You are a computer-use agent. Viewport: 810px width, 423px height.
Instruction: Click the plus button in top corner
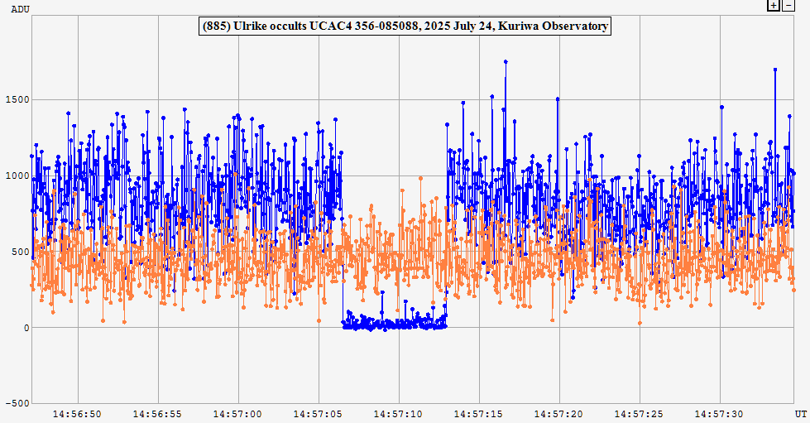click(x=773, y=5)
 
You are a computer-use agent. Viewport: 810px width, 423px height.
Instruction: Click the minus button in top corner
click(x=788, y=5)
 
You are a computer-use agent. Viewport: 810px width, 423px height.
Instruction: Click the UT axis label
click(x=800, y=412)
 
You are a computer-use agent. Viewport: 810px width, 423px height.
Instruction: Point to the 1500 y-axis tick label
click(x=15, y=100)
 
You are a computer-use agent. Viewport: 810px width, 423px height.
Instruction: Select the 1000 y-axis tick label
click(x=15, y=176)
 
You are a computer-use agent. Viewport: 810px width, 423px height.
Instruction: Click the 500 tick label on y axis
click(x=18, y=252)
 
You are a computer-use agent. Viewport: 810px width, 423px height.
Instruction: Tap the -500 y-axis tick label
click(x=15, y=404)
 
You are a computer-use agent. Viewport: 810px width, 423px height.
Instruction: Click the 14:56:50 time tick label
click(x=77, y=413)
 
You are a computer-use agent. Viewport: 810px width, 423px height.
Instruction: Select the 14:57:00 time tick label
click(x=237, y=413)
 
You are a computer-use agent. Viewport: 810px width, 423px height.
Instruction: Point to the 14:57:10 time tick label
click(x=399, y=413)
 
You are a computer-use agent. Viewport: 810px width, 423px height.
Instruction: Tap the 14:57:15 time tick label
click(x=479, y=413)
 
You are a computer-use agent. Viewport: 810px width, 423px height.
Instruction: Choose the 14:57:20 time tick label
click(x=559, y=413)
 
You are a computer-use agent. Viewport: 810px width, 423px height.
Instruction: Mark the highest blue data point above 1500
click(x=506, y=62)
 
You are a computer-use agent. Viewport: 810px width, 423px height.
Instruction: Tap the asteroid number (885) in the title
click(x=218, y=26)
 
